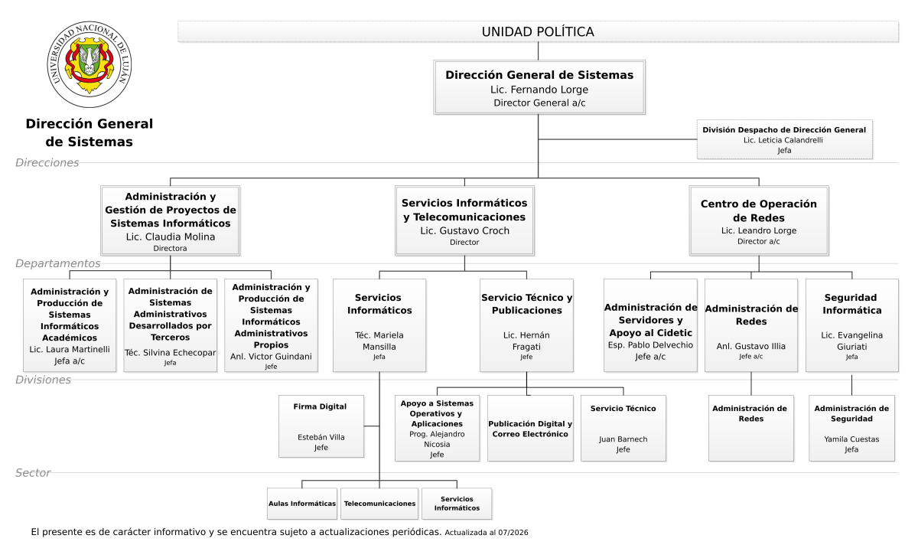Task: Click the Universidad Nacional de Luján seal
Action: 89,64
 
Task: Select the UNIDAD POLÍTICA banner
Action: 538,31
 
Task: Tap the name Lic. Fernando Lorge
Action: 539,90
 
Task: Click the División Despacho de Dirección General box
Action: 784,139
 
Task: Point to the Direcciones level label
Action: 47,163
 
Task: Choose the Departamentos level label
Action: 58,263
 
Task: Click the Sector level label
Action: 33,473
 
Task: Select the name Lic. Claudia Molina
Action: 171,237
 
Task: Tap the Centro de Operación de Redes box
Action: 759,220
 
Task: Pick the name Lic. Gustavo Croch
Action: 465,230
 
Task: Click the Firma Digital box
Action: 321,426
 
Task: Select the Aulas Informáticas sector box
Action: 302,504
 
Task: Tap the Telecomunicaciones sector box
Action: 379,504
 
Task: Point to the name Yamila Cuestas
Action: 851,439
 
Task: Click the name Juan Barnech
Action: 623,439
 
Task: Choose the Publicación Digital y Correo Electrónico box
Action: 530,428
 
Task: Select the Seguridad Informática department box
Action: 852,325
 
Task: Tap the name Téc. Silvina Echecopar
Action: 170,353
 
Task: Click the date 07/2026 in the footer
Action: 513,533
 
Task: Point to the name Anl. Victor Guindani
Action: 271,356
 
